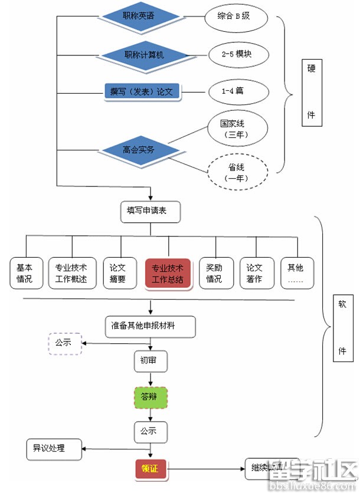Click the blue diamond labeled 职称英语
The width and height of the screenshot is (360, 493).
pos(139,17)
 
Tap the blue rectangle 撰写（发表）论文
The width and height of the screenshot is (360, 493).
pos(141,91)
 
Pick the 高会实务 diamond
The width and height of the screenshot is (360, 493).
pos(139,149)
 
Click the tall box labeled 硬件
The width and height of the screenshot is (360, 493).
pos(312,92)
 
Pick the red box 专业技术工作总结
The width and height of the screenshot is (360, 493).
pos(168,273)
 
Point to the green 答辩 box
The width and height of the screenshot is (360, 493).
pos(150,397)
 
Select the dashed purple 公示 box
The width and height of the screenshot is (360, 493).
pos(64,343)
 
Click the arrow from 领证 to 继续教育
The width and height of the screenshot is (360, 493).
pos(207,470)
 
